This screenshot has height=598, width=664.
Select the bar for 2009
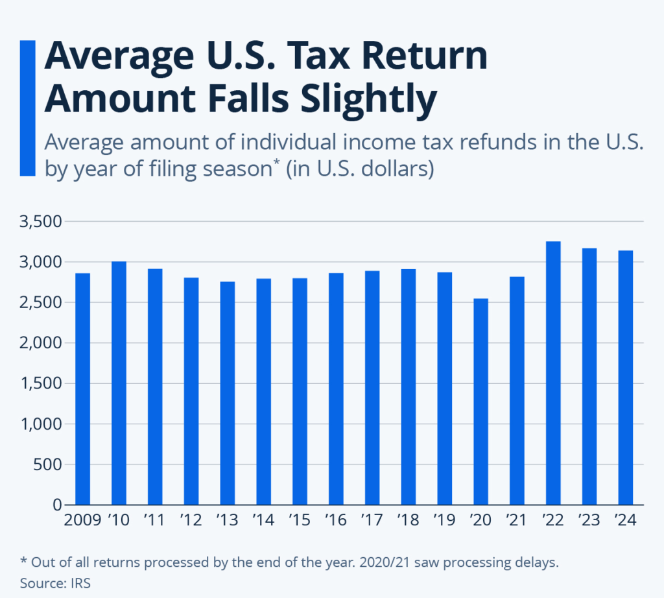coord(82,389)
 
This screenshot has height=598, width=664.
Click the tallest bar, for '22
coord(553,373)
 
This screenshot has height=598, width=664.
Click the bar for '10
coord(119,383)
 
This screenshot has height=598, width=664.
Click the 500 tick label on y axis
coord(48,464)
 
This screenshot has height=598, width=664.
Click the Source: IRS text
coord(55,582)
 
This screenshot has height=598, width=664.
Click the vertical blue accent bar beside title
coord(27,107)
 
